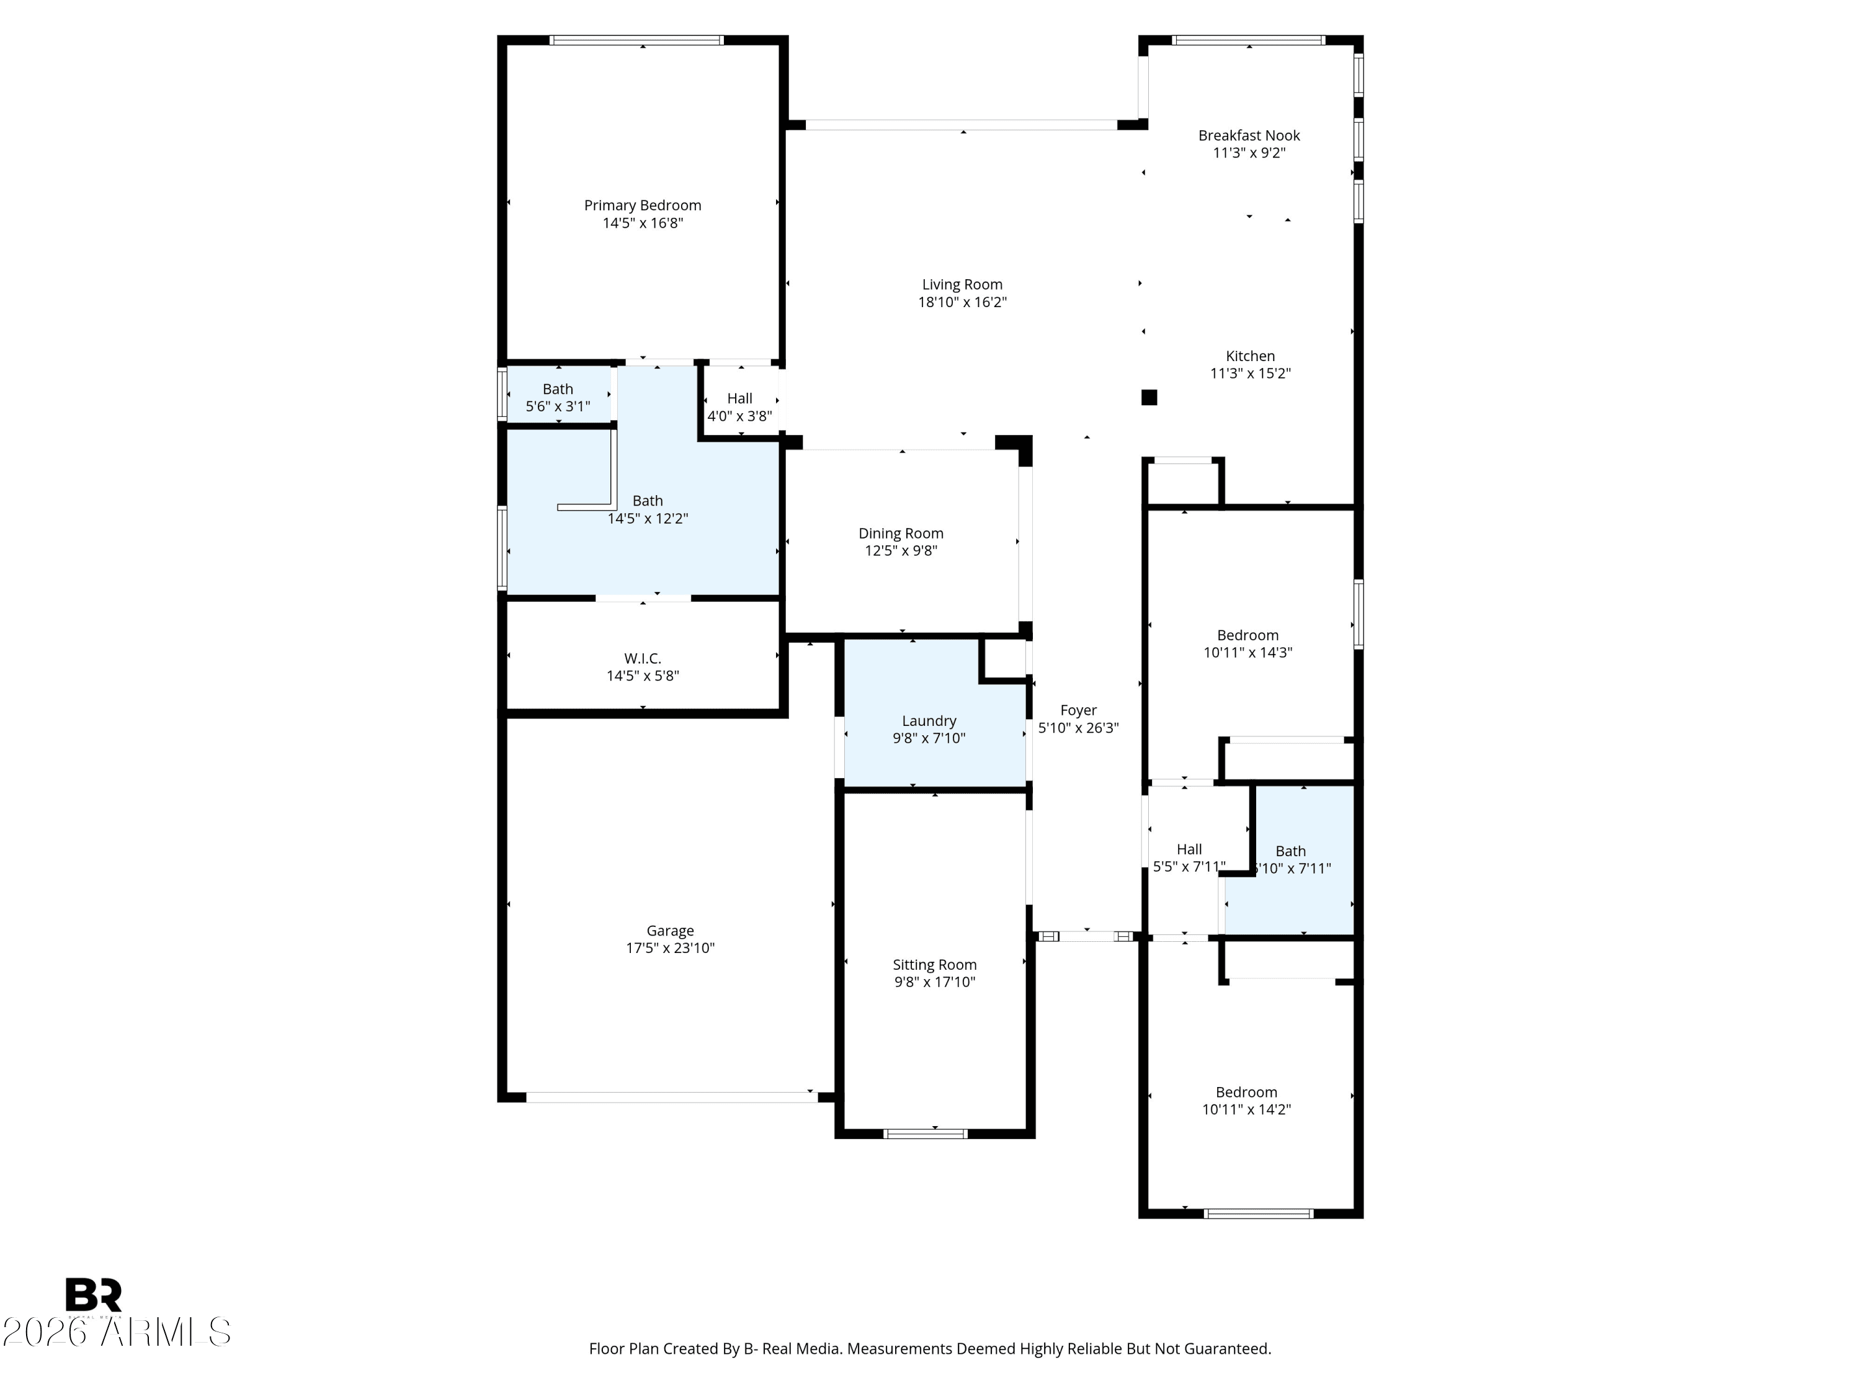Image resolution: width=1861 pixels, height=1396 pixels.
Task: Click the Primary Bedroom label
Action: point(642,205)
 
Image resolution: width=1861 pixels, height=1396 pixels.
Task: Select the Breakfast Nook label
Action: point(1249,135)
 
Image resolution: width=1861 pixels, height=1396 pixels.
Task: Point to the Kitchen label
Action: point(1249,356)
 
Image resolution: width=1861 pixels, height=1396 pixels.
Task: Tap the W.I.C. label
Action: point(642,658)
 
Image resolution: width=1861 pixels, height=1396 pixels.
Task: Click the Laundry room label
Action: point(929,721)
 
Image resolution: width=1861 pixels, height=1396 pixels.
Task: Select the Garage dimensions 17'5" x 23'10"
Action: point(670,948)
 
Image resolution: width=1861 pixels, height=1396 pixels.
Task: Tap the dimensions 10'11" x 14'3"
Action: point(1247,652)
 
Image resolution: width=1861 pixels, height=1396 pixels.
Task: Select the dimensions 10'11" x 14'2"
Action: point(1246,1109)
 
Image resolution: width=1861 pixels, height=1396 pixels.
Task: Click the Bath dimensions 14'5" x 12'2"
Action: point(647,518)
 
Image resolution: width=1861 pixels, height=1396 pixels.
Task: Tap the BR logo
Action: point(94,1295)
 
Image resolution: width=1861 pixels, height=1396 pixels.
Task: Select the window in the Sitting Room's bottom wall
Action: point(925,1134)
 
